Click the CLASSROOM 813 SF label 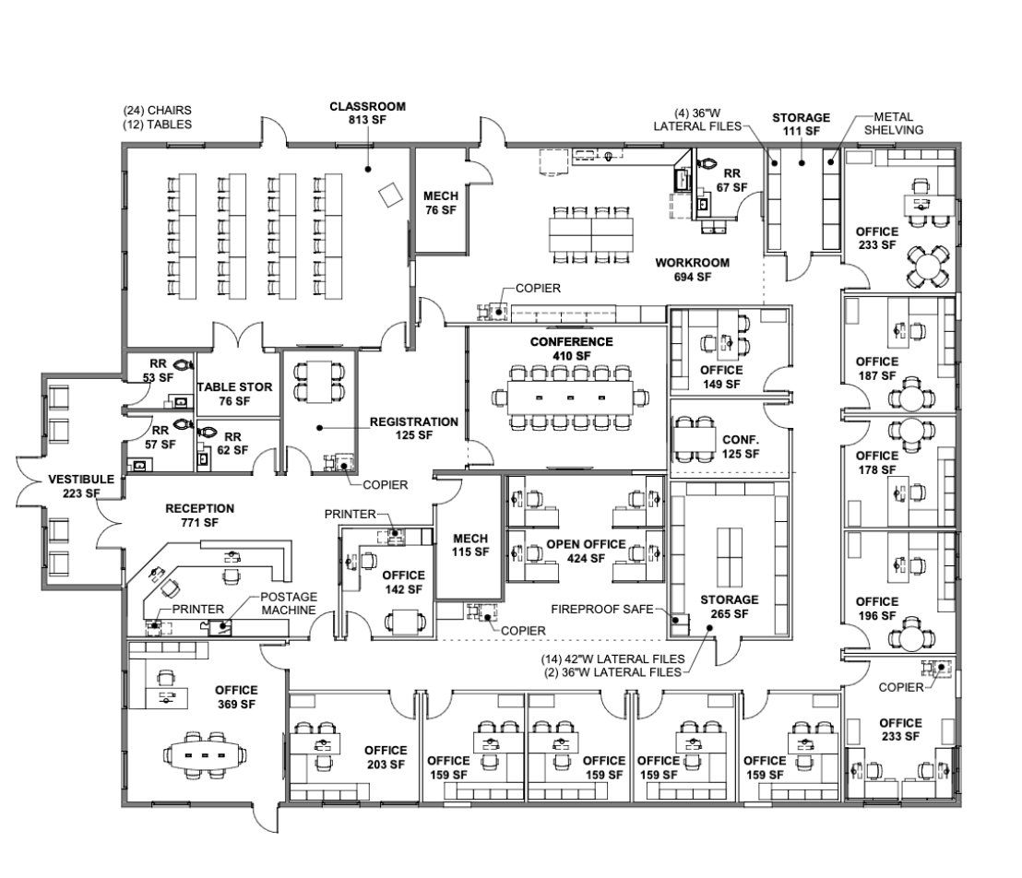pyautogui.click(x=367, y=113)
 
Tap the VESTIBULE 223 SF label pyautogui.click(x=82, y=486)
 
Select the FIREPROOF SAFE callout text pyautogui.click(x=601, y=610)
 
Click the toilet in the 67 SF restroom pyautogui.click(x=708, y=162)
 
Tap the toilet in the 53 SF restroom pyautogui.click(x=181, y=364)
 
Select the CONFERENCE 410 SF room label pyautogui.click(x=570, y=349)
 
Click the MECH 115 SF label pyautogui.click(x=469, y=545)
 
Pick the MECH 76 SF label pyautogui.click(x=440, y=203)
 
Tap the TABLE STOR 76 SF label pyautogui.click(x=234, y=394)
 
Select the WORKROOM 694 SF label pyautogui.click(x=692, y=269)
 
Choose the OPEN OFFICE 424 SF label pyautogui.click(x=586, y=551)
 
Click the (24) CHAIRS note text pyautogui.click(x=157, y=112)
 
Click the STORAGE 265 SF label pyautogui.click(x=729, y=606)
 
